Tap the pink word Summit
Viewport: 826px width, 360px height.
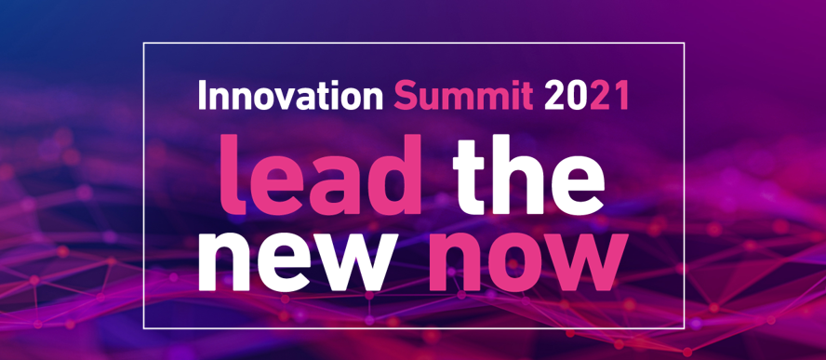(462, 97)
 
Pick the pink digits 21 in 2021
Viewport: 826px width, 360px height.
(608, 97)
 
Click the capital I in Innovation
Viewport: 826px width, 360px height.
(202, 97)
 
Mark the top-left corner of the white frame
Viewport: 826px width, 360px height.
(143, 43)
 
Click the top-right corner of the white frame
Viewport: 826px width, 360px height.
(685, 43)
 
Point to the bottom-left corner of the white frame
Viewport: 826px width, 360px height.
(143, 327)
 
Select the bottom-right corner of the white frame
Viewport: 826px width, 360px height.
(685, 327)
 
